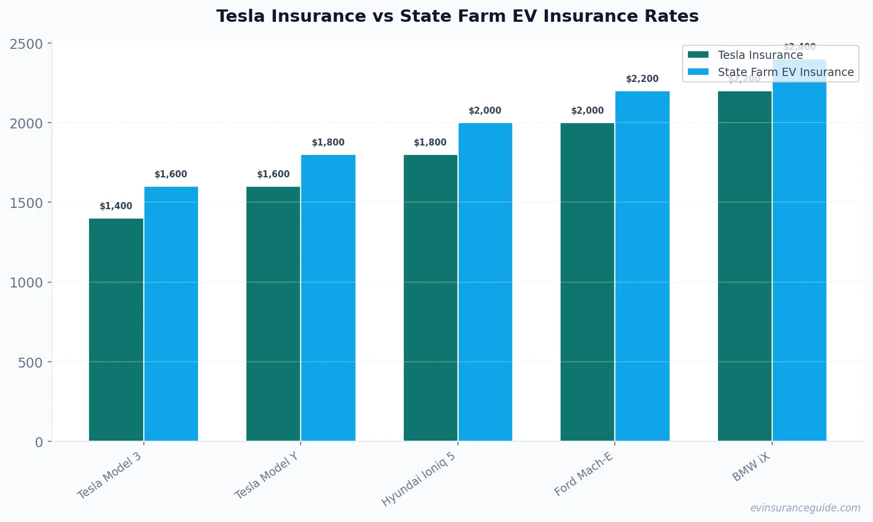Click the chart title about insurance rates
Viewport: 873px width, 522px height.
pos(457,16)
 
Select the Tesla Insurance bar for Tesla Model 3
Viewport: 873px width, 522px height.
pos(116,330)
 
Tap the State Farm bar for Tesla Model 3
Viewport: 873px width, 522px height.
pos(171,313)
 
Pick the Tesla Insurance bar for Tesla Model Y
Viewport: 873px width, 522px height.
pos(273,313)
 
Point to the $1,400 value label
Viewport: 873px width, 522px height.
pos(116,206)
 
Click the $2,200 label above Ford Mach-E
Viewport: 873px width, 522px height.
pos(642,79)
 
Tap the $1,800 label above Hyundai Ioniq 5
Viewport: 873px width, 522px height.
pos(430,143)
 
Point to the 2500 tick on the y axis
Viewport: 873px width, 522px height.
pos(27,44)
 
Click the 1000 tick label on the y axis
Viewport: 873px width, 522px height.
pos(27,283)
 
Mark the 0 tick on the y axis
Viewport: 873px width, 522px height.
pos(39,442)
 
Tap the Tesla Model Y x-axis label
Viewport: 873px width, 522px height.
pos(267,475)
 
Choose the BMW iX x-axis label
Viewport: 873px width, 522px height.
pos(751,467)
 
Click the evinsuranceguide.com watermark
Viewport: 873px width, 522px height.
pos(805,508)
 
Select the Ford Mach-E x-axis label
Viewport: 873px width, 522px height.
pos(584,474)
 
